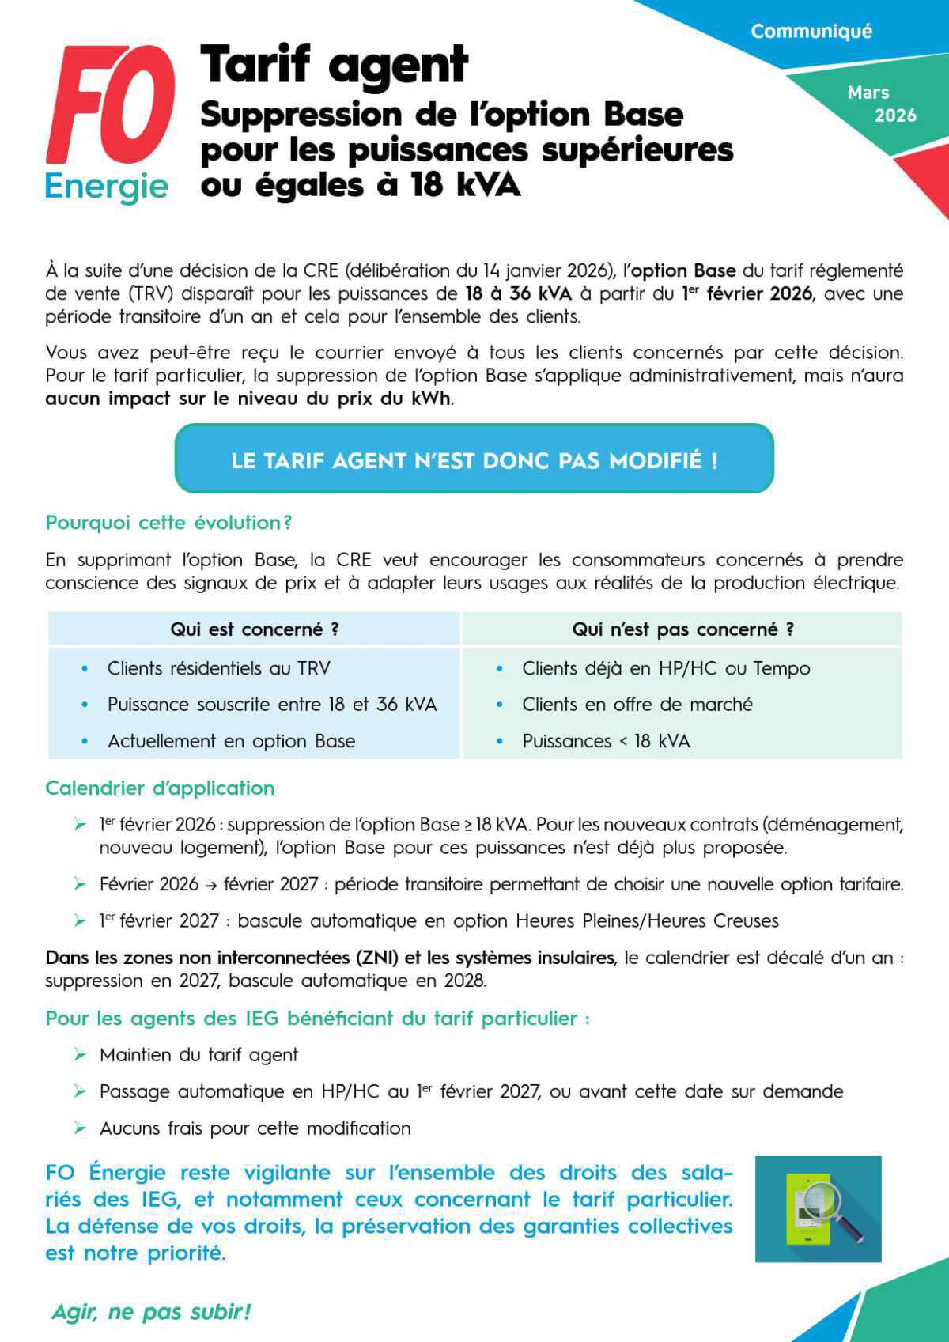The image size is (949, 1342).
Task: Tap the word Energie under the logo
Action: pos(106,187)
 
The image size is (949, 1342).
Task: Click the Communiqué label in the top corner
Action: pos(811,32)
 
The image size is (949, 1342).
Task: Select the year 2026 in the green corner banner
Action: pos(895,115)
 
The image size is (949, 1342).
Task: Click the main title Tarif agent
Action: pos(335,65)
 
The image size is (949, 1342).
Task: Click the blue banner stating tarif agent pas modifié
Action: pos(474,459)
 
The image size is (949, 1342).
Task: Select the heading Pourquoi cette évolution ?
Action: pos(168,523)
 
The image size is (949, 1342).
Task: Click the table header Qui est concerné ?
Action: pos(255,629)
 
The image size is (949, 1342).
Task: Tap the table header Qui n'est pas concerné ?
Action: pos(682,629)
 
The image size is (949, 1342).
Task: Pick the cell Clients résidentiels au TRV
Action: pos(219,668)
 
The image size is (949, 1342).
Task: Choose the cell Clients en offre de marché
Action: pos(637,705)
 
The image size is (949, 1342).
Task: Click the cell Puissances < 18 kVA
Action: pos(606,741)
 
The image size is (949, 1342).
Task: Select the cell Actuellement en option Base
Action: pos(231,741)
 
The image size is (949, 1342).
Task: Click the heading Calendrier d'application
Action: pos(160,788)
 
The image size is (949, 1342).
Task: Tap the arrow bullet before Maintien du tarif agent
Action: pos(80,1055)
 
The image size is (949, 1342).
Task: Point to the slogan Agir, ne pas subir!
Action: pos(151,1311)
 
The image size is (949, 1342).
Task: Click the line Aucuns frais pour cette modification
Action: pos(255,1128)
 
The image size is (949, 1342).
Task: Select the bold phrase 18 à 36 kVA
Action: pos(518,293)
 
